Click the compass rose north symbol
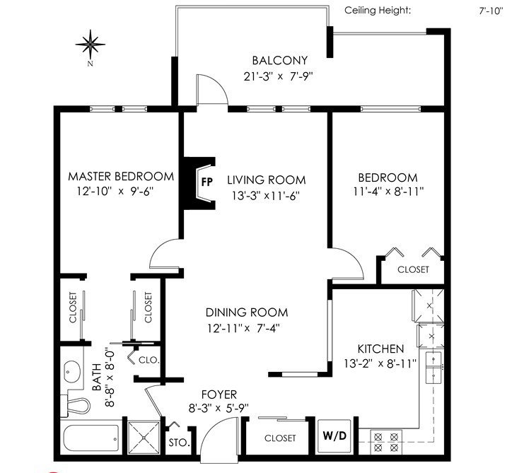tap(91, 44)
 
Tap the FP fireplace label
tap(207, 182)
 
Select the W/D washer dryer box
tap(334, 436)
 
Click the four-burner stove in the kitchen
tap(386, 442)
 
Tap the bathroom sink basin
tap(72, 371)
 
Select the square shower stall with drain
tap(144, 438)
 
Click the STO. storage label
tap(179, 443)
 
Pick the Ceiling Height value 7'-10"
tap(491, 11)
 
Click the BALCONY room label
tap(280, 61)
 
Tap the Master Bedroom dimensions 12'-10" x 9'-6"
tap(115, 192)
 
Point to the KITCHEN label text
tap(380, 349)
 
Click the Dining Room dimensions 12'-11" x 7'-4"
tap(243, 328)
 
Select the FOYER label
tap(219, 395)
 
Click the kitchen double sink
tap(433, 367)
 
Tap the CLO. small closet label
tap(149, 360)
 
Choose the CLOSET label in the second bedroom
tap(413, 269)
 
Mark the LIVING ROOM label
tap(267, 180)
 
